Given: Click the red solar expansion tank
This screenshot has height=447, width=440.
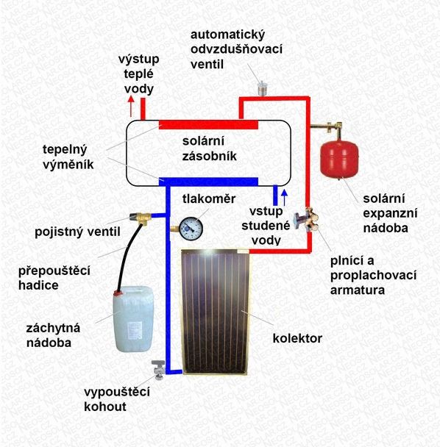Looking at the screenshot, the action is point(339,159).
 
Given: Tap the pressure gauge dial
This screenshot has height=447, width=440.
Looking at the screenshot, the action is point(191,228).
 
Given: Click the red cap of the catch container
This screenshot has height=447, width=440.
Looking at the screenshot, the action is point(117,293).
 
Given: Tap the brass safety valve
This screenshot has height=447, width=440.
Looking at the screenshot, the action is point(141,218).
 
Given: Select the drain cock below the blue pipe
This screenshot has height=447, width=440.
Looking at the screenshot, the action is point(157,370).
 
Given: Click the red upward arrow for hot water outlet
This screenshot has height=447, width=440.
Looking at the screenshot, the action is point(131,106).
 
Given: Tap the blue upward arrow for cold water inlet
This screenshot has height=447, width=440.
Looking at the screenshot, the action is point(284,197).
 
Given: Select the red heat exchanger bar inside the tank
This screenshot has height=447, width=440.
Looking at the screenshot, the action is point(208,124).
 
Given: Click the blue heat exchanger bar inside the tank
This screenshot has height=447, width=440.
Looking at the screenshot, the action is point(208,182).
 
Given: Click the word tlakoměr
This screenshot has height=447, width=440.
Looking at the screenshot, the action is point(209,199).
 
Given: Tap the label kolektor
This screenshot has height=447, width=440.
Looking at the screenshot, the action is point(297,338).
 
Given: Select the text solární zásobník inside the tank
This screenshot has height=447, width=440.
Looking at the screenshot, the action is point(210,149).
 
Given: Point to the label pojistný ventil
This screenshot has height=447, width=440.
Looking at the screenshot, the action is point(77,232).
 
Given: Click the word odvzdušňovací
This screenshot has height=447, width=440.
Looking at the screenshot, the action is point(236,49).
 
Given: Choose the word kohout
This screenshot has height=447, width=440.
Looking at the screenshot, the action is point(105,407).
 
